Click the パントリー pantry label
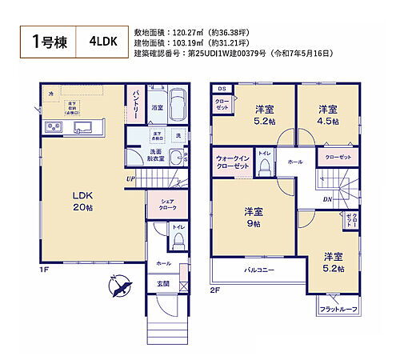click(134, 104)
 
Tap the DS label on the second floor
click(221, 89)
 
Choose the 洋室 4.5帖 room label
click(326, 114)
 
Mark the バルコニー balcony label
click(258, 270)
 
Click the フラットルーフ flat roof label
click(338, 309)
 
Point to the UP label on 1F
click(129, 178)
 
